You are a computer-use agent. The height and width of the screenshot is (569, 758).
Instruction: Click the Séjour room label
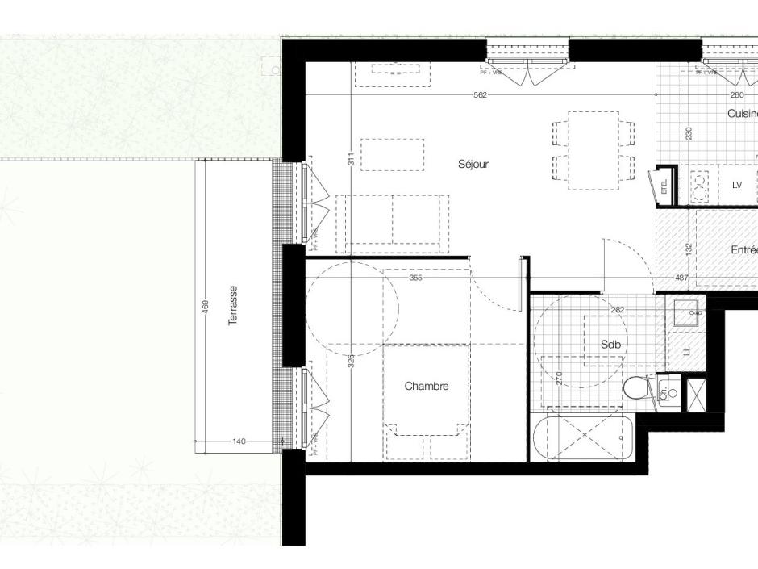[x=473, y=164]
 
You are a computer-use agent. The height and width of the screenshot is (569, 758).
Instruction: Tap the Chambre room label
[x=426, y=387]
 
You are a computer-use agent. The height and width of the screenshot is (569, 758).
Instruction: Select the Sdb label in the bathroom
[x=611, y=345]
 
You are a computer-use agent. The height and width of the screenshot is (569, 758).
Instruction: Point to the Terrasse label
[x=233, y=305]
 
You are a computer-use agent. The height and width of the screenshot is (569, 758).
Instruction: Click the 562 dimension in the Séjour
[x=480, y=95]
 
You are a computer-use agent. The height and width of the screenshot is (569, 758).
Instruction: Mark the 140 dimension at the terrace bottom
[x=239, y=441]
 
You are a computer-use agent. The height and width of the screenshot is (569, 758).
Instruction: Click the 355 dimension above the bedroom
[x=415, y=278]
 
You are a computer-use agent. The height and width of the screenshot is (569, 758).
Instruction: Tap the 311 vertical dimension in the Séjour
[x=352, y=160]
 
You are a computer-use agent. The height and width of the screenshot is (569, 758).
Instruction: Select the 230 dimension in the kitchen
[x=689, y=133]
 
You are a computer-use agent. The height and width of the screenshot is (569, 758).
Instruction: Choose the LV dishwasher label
[x=736, y=185]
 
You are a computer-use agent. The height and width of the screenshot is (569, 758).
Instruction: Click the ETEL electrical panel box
[x=665, y=186]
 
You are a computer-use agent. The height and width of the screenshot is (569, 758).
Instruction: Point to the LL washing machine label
[x=686, y=352]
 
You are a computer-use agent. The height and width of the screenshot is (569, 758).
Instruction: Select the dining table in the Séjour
[x=593, y=150]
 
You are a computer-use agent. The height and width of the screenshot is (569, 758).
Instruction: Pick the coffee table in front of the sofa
[x=392, y=154]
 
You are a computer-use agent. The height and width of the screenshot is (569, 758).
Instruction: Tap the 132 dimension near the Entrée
[x=689, y=249]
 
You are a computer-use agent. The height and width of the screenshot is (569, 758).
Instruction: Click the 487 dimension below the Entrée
[x=681, y=278]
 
